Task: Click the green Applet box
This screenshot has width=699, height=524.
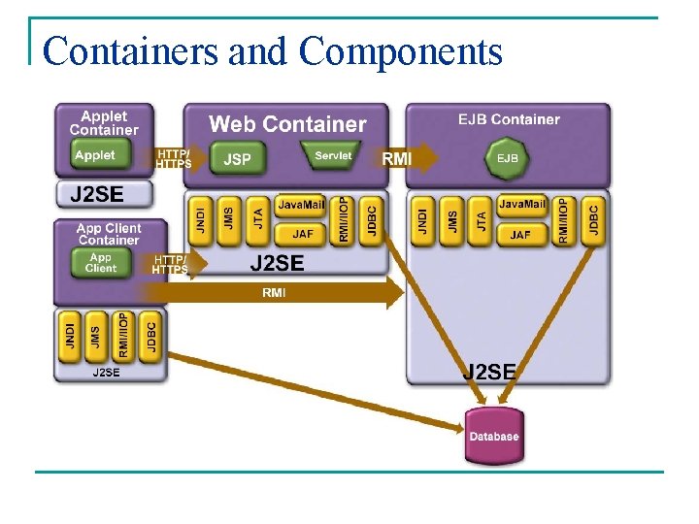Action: tap(95, 155)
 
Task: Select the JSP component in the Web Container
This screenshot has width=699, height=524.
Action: tap(237, 158)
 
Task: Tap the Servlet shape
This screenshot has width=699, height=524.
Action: tap(333, 156)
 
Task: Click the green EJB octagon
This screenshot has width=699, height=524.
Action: tap(507, 157)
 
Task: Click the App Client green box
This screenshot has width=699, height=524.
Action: tap(100, 263)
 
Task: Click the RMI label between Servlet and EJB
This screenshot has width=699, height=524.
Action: tap(397, 158)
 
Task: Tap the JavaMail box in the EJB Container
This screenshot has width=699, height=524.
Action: tap(521, 206)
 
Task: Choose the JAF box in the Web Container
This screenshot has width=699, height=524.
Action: tap(303, 234)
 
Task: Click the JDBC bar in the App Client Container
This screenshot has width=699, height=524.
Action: tap(150, 336)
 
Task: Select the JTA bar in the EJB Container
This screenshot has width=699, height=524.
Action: tap(481, 220)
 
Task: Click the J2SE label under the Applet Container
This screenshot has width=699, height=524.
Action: tap(96, 194)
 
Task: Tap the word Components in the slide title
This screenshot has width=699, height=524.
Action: tap(400, 51)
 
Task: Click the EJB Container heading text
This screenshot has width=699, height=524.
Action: tap(509, 119)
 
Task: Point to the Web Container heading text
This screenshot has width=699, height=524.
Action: tap(287, 124)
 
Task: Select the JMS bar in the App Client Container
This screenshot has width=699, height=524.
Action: tap(95, 336)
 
